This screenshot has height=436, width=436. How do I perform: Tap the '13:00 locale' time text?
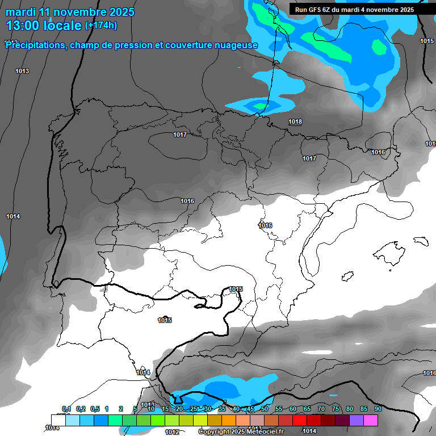[x=44, y=26]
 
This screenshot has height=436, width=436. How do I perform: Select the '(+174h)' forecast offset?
[x=101, y=26]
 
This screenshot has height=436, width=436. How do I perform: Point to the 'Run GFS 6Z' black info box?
[x=354, y=10]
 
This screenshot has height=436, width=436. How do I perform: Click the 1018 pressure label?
[x=295, y=122]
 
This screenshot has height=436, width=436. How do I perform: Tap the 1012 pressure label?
[x=173, y=432]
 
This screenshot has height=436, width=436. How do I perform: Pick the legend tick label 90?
[x=378, y=409]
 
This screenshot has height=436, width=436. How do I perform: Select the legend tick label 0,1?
[x=66, y=409]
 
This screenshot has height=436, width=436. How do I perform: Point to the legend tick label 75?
[x=335, y=409]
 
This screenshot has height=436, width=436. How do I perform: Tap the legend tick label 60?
[x=292, y=409]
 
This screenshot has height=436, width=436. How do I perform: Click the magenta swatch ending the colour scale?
[x=371, y=420]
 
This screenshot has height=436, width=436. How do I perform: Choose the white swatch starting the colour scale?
[x=58, y=420]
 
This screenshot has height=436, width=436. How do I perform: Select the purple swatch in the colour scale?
[x=357, y=420]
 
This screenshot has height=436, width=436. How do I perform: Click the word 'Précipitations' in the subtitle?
[x=35, y=45]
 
